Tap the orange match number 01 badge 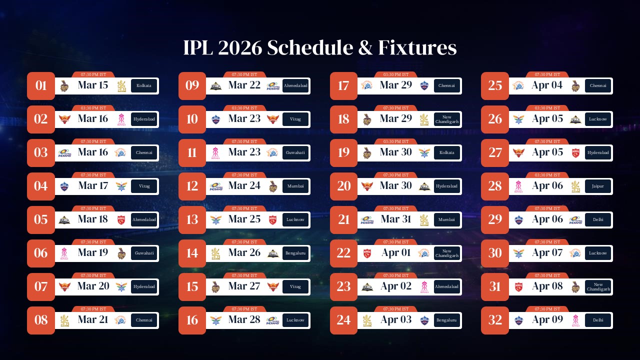tap(41, 85)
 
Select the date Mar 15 tap(93, 85)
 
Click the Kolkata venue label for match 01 tap(144, 85)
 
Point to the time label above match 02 tap(93, 108)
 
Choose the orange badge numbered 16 tap(192, 320)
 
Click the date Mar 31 tap(396, 219)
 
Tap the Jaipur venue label tap(598, 186)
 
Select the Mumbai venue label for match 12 tap(295, 186)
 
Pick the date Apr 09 tap(547, 320)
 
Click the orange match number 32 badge tap(495, 320)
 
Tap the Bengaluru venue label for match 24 tap(446, 320)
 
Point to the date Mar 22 tap(244, 85)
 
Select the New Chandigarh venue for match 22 tap(446, 253)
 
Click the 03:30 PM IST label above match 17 tap(396, 74)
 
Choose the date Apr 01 tap(396, 253)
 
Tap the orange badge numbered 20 tap(343, 186)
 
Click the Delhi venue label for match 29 tap(598, 219)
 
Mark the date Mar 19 tap(93, 253)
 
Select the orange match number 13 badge tap(192, 219)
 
